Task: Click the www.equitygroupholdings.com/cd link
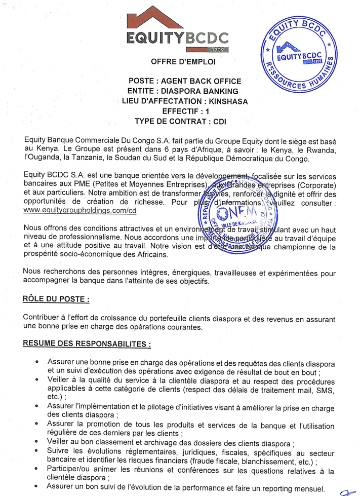(x=80, y=210)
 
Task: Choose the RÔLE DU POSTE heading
(x=56, y=298)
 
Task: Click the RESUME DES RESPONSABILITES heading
(x=87, y=344)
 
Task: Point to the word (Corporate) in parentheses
(x=313, y=184)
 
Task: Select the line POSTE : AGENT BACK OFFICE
(x=185, y=81)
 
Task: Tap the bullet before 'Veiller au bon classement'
(x=37, y=441)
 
